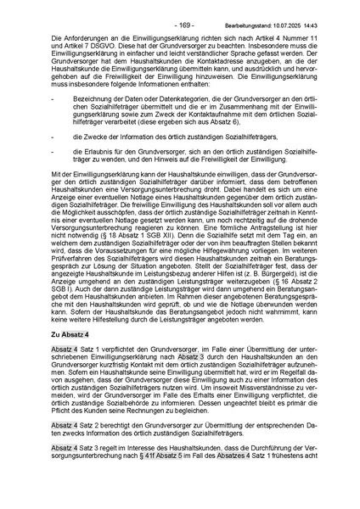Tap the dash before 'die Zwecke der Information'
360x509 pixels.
(x=53, y=136)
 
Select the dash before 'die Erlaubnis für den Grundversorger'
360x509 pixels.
(x=53, y=151)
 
